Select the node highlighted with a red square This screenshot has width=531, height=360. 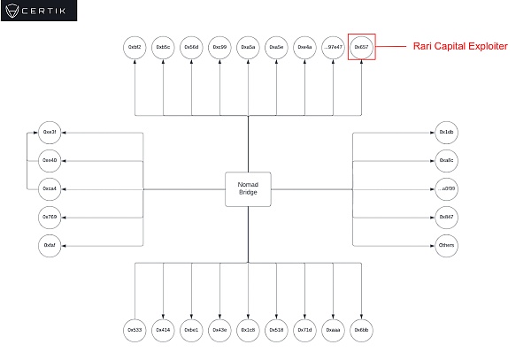[x=361, y=47]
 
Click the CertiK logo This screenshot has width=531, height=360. [x=39, y=11]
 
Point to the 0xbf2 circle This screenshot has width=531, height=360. [x=135, y=47]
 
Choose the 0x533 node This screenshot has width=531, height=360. [x=135, y=330]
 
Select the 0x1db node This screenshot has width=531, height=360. [x=447, y=132]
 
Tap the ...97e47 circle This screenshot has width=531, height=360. [x=333, y=47]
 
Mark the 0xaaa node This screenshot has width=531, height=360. [x=333, y=330]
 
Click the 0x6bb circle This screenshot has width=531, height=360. [x=361, y=330]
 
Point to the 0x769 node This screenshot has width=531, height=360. [x=50, y=217]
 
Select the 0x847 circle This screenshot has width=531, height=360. [x=447, y=217]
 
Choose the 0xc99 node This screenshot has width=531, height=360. [x=219, y=47]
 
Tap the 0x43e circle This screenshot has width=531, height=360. [x=219, y=330]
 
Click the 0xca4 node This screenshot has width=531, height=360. [x=50, y=188]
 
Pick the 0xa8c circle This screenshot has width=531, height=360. [x=447, y=160]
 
